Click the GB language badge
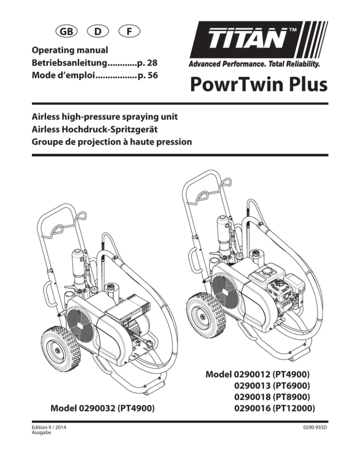pos(67,31)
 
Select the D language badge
pos(98,31)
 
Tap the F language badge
pos(129,31)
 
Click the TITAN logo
pos(258,40)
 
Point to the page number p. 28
pos(148,63)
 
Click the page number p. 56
pos(148,75)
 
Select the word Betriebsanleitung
pos(69,63)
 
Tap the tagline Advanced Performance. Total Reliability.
pos(254,64)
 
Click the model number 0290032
pos(97,408)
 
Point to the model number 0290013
pos(252,385)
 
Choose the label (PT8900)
pos(292,397)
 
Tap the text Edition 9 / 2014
pos(49,428)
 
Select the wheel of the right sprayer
pos(206,316)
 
